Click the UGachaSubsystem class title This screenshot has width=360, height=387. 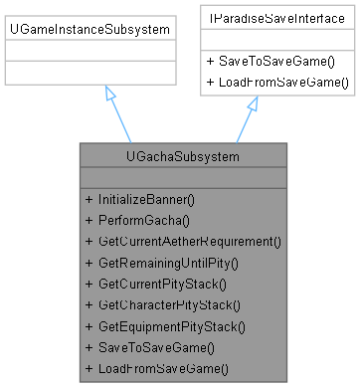coord(183,157)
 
